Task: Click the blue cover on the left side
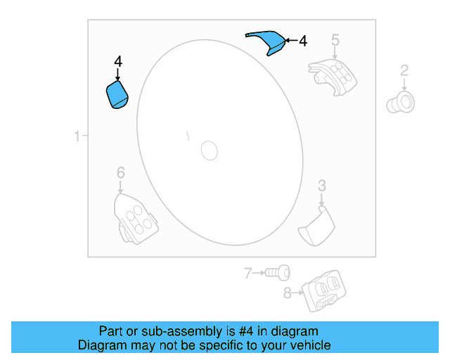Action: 117,94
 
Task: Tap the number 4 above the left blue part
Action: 117,63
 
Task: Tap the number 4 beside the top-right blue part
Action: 302,41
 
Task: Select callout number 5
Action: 335,39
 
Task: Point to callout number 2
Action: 404,70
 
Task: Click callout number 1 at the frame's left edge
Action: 77,136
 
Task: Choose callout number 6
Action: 120,173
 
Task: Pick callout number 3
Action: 321,186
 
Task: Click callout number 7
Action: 247,273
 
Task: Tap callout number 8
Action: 288,293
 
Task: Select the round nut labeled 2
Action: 401,102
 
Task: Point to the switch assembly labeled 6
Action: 135,218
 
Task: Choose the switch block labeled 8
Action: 323,289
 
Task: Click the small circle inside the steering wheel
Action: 210,149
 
